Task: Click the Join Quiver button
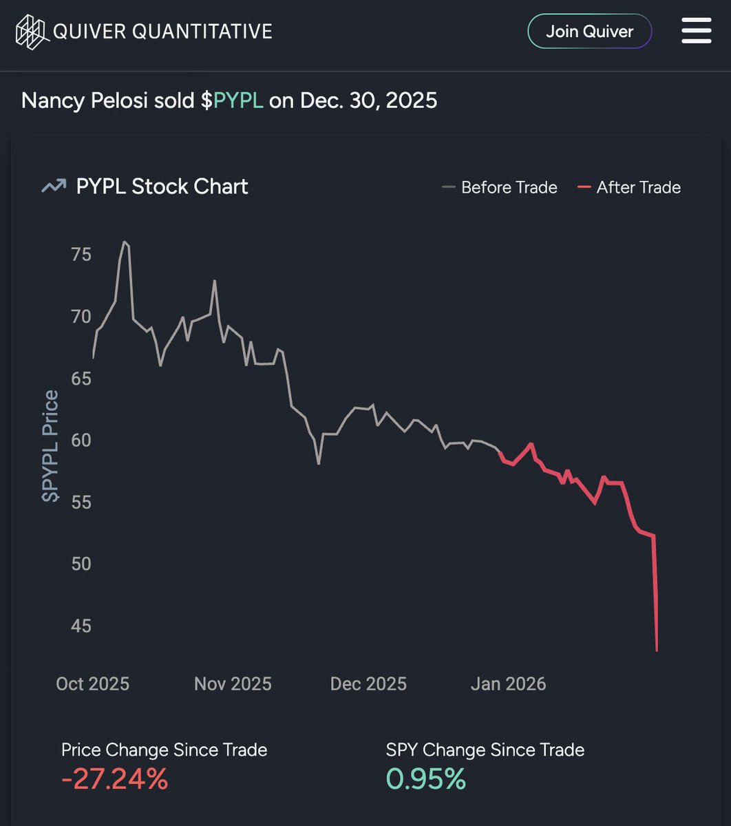tap(589, 32)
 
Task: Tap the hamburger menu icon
tap(696, 32)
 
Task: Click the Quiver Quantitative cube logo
tap(33, 32)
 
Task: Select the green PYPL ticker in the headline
tap(238, 100)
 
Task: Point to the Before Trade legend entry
tap(500, 187)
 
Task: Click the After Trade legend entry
tap(629, 187)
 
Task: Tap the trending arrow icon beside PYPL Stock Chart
tap(54, 187)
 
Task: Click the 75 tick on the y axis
tap(81, 255)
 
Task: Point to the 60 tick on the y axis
tap(81, 440)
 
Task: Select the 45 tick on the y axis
tap(81, 626)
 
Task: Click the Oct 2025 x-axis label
tap(92, 684)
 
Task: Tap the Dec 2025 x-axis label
tap(368, 684)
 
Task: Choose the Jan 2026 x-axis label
tap(508, 684)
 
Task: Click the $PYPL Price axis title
tap(51, 445)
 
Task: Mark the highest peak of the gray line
tap(125, 242)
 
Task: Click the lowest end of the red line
tap(657, 650)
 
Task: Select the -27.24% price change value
tap(114, 779)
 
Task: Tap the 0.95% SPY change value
tap(425, 779)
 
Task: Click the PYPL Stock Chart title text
tap(162, 187)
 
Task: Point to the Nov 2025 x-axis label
tap(233, 684)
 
